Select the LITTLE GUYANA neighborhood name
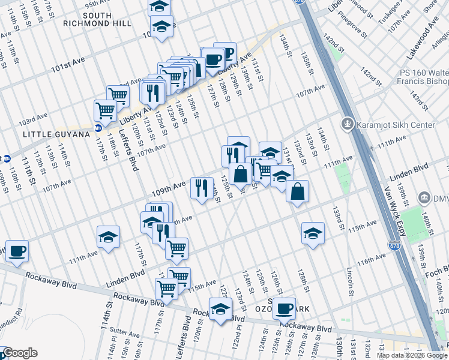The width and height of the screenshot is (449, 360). (56, 134)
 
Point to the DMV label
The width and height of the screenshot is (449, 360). (439, 197)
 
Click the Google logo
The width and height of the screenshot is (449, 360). (20, 353)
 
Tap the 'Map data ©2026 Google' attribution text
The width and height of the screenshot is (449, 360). (411, 355)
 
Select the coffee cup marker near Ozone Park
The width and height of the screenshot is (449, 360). (284, 308)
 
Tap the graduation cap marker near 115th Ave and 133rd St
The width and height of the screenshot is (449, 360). (313, 233)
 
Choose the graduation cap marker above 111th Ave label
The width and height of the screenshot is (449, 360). (109, 237)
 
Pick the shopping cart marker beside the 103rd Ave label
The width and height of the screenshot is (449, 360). (105, 110)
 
